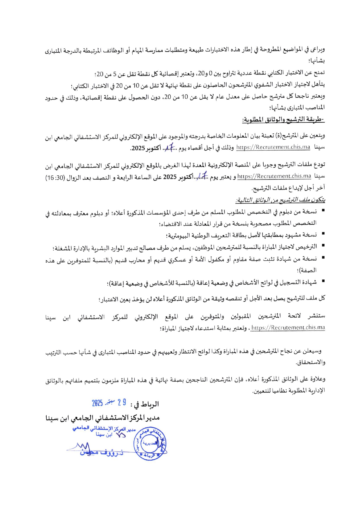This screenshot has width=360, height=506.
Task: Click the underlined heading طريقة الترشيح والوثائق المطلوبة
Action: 283,120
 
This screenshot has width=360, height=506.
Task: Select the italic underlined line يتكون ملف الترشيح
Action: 280,200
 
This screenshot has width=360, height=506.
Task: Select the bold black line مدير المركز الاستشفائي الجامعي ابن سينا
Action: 102,418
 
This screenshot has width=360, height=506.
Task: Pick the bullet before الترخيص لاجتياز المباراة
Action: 323,245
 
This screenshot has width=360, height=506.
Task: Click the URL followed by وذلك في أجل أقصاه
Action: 273,147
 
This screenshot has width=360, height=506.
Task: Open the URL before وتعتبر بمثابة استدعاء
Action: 288,327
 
